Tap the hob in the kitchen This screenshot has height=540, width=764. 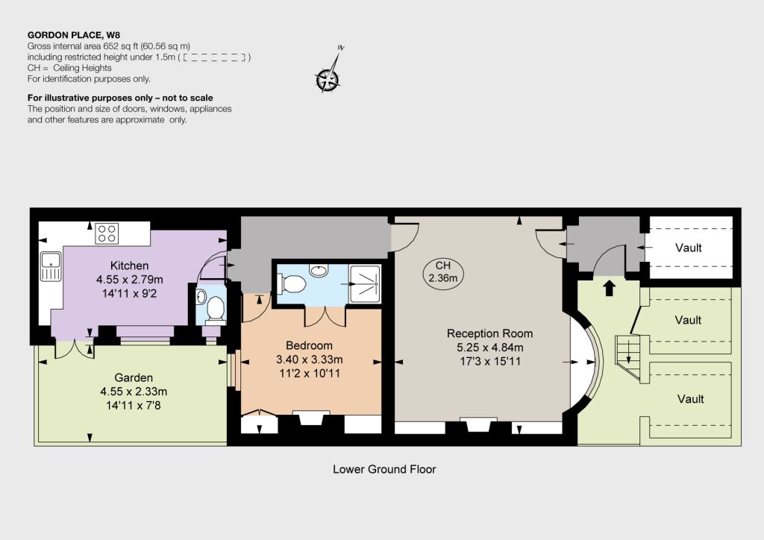pyautogui.click(x=107, y=233)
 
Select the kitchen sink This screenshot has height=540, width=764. pyautogui.click(x=50, y=266)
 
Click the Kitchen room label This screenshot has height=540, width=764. pyautogui.click(x=129, y=266)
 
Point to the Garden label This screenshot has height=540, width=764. pyautogui.click(x=134, y=377)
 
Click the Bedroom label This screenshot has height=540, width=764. pyautogui.click(x=309, y=345)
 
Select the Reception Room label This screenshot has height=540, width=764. pyautogui.click(x=489, y=333)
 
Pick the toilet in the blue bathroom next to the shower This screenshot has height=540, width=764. pyautogui.click(x=291, y=283)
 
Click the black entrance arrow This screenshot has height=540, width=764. pyautogui.click(x=609, y=288)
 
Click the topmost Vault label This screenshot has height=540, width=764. pyautogui.click(x=689, y=248)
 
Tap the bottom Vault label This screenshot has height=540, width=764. pyautogui.click(x=690, y=399)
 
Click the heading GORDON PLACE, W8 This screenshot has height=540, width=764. pyautogui.click(x=74, y=35)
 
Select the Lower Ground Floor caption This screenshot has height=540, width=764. pyautogui.click(x=384, y=469)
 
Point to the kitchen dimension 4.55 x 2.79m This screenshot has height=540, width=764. pyautogui.click(x=130, y=280)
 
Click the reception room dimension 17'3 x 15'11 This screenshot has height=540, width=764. pyautogui.click(x=490, y=361)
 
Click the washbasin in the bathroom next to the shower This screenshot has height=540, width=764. pyautogui.click(x=319, y=270)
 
